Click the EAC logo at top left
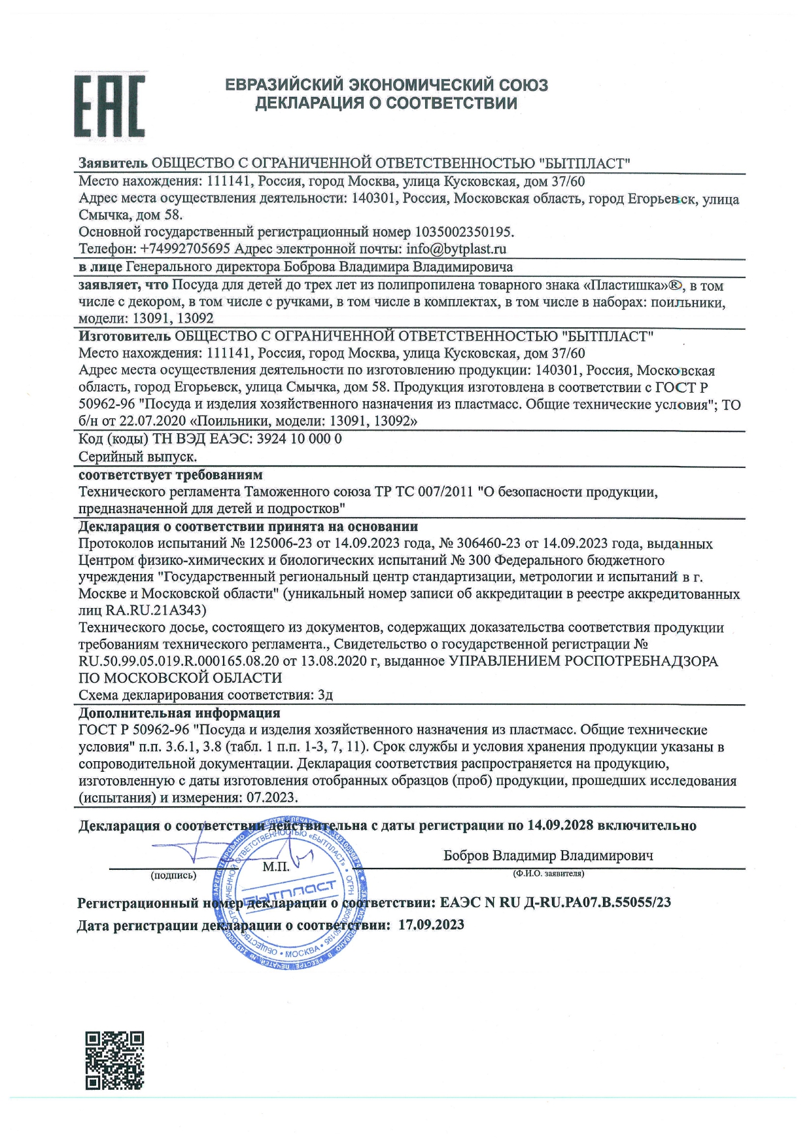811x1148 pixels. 109,105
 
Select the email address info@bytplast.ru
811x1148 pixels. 456,249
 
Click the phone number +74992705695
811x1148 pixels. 185,249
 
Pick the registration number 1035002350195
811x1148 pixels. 464,232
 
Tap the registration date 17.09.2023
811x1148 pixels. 431,925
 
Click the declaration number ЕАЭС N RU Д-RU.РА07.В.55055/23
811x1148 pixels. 555,903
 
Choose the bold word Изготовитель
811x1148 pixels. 124,336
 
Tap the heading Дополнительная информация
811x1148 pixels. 179,713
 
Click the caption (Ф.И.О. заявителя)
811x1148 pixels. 549,873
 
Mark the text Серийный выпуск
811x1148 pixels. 137,456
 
